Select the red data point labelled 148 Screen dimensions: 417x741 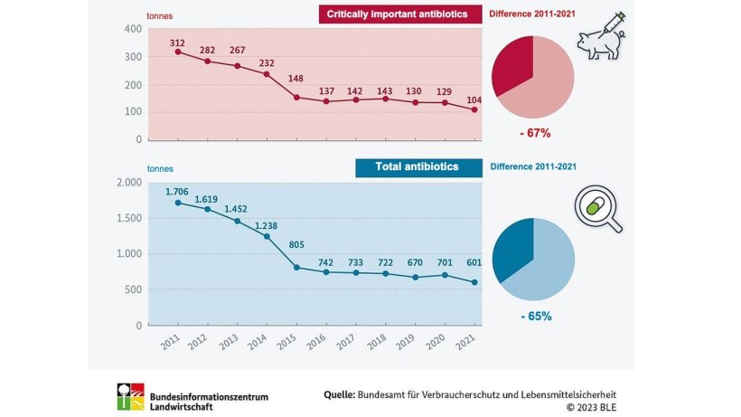coord(296,97)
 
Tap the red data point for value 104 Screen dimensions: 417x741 coord(474,110)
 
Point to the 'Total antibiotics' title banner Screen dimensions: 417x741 coord(417,166)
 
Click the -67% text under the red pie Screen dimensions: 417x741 coord(533,133)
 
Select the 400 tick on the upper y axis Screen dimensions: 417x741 coord(133,29)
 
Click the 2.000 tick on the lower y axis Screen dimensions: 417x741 coord(129,182)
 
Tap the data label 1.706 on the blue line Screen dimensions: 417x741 coord(177,191)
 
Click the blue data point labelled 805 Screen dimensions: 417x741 coord(296,267)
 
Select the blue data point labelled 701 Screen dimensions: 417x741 coord(445,275)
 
